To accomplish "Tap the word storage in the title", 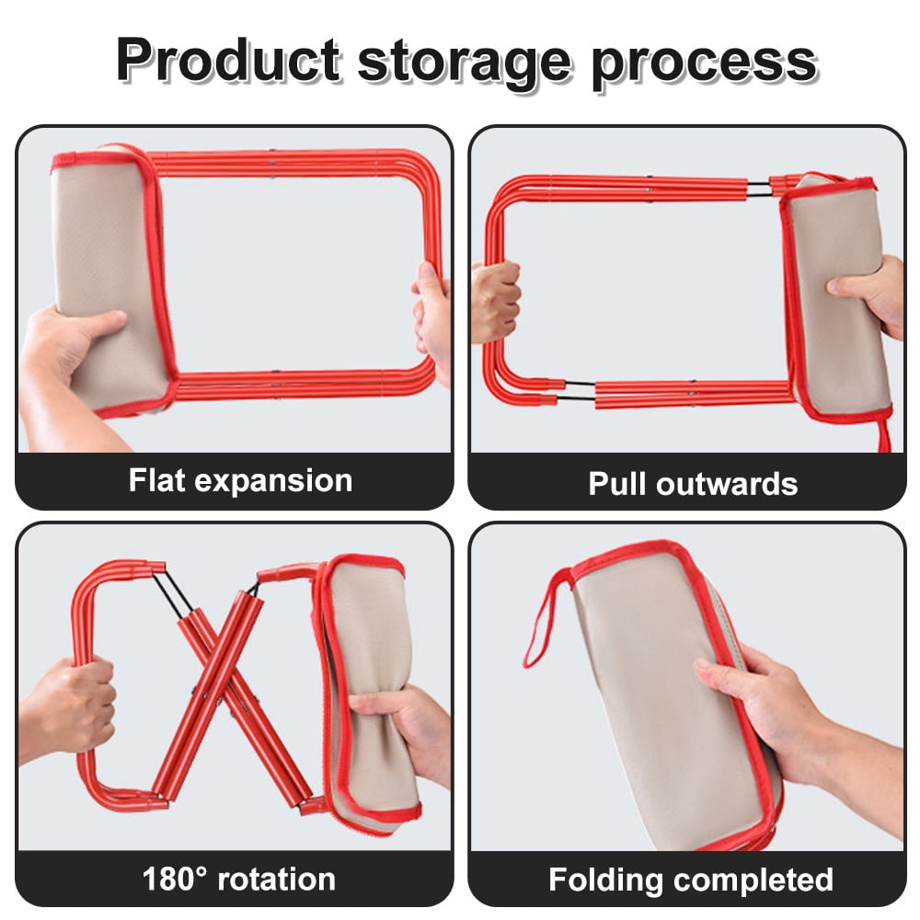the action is pos(464,63).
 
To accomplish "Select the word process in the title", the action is pos(704,64).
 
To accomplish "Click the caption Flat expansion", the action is pos(240,480).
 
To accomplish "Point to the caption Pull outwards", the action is pos(693,484).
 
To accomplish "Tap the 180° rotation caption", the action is pos(239,879).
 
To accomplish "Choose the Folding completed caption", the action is pos(691,880).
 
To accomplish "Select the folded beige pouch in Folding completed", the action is pos(674,693).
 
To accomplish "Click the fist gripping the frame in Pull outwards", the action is pos(495,301).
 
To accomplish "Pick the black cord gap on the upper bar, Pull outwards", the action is pos(758,189).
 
